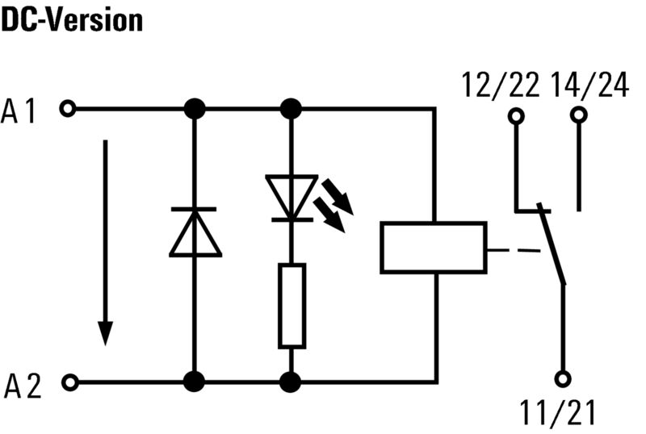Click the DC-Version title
pos(72,19)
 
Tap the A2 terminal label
pos(20,388)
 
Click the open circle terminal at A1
pos(69,108)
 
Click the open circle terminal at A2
pos(69,382)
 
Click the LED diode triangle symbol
pos(292,197)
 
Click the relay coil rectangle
pos(434,247)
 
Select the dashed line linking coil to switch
pos(515,251)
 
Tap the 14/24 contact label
pos(589,84)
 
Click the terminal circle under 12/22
pos(516,116)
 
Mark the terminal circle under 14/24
pos(578,116)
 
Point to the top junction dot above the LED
pos(292,108)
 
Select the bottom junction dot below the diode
pos(195,382)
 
